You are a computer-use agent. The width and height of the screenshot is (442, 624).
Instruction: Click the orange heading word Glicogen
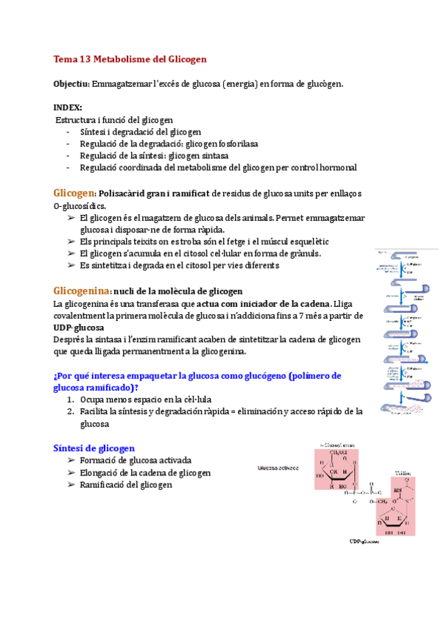point(74,193)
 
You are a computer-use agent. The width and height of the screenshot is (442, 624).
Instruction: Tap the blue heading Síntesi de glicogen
point(94,447)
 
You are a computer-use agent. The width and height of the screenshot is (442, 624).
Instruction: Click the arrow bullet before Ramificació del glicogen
point(71,485)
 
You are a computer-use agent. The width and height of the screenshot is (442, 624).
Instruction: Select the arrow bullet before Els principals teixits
point(71,241)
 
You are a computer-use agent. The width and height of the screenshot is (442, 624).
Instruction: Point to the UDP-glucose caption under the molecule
point(365,542)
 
